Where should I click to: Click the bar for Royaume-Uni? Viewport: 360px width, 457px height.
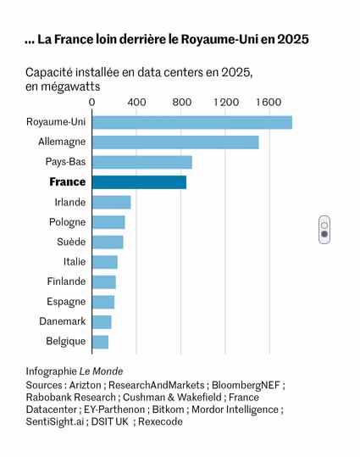(192, 122)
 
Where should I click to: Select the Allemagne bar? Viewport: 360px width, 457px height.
(175, 142)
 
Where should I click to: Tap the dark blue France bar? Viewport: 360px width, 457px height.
(139, 182)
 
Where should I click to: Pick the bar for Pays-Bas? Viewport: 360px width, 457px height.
(142, 162)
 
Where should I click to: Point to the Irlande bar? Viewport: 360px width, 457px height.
(111, 203)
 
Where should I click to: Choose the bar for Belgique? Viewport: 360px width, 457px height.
(100, 342)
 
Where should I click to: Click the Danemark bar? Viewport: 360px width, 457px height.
(102, 322)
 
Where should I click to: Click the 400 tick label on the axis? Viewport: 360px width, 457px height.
(136, 103)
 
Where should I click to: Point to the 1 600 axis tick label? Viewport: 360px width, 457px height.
(269, 103)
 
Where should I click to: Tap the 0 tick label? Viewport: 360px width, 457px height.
(92, 103)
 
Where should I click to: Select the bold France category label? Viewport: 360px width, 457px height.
(68, 181)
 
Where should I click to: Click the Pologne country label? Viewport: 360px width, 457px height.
(67, 222)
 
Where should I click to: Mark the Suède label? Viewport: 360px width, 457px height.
(71, 242)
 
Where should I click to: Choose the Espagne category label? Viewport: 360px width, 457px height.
(66, 302)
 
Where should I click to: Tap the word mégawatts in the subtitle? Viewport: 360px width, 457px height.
(70, 86)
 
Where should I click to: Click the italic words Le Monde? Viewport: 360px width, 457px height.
(101, 371)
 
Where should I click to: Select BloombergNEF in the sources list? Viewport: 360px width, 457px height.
(246, 385)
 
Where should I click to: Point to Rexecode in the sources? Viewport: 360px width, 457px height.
(160, 421)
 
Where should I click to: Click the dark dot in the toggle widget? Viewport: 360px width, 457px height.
(324, 234)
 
